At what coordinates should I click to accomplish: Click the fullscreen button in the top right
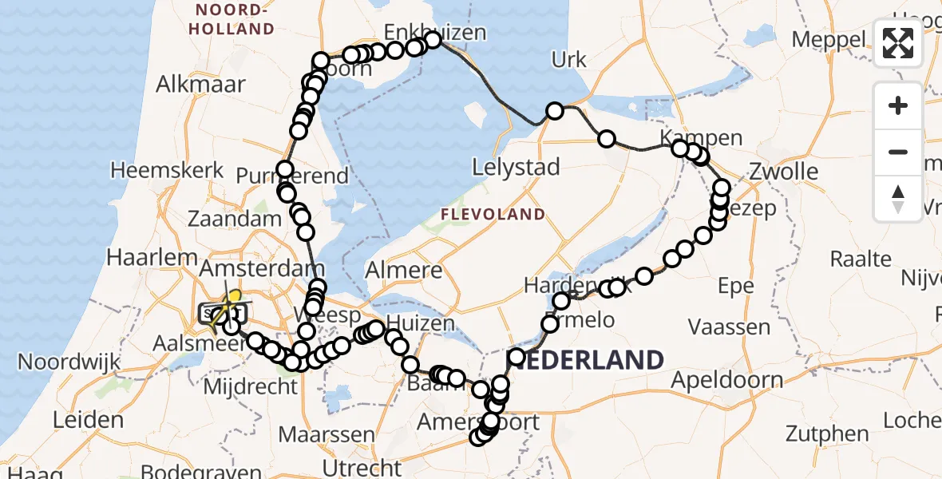898,43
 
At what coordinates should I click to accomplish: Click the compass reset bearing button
898,199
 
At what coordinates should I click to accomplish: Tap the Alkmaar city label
201,85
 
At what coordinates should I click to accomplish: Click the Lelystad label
517,168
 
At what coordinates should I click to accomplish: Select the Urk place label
569,60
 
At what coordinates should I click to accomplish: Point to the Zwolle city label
784,172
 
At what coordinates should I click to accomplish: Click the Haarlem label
153,258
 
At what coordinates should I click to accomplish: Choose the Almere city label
403,270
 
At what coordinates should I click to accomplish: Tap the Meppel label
830,40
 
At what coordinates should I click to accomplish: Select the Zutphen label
827,435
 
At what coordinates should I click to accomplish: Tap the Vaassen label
730,327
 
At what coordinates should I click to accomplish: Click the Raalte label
861,259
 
